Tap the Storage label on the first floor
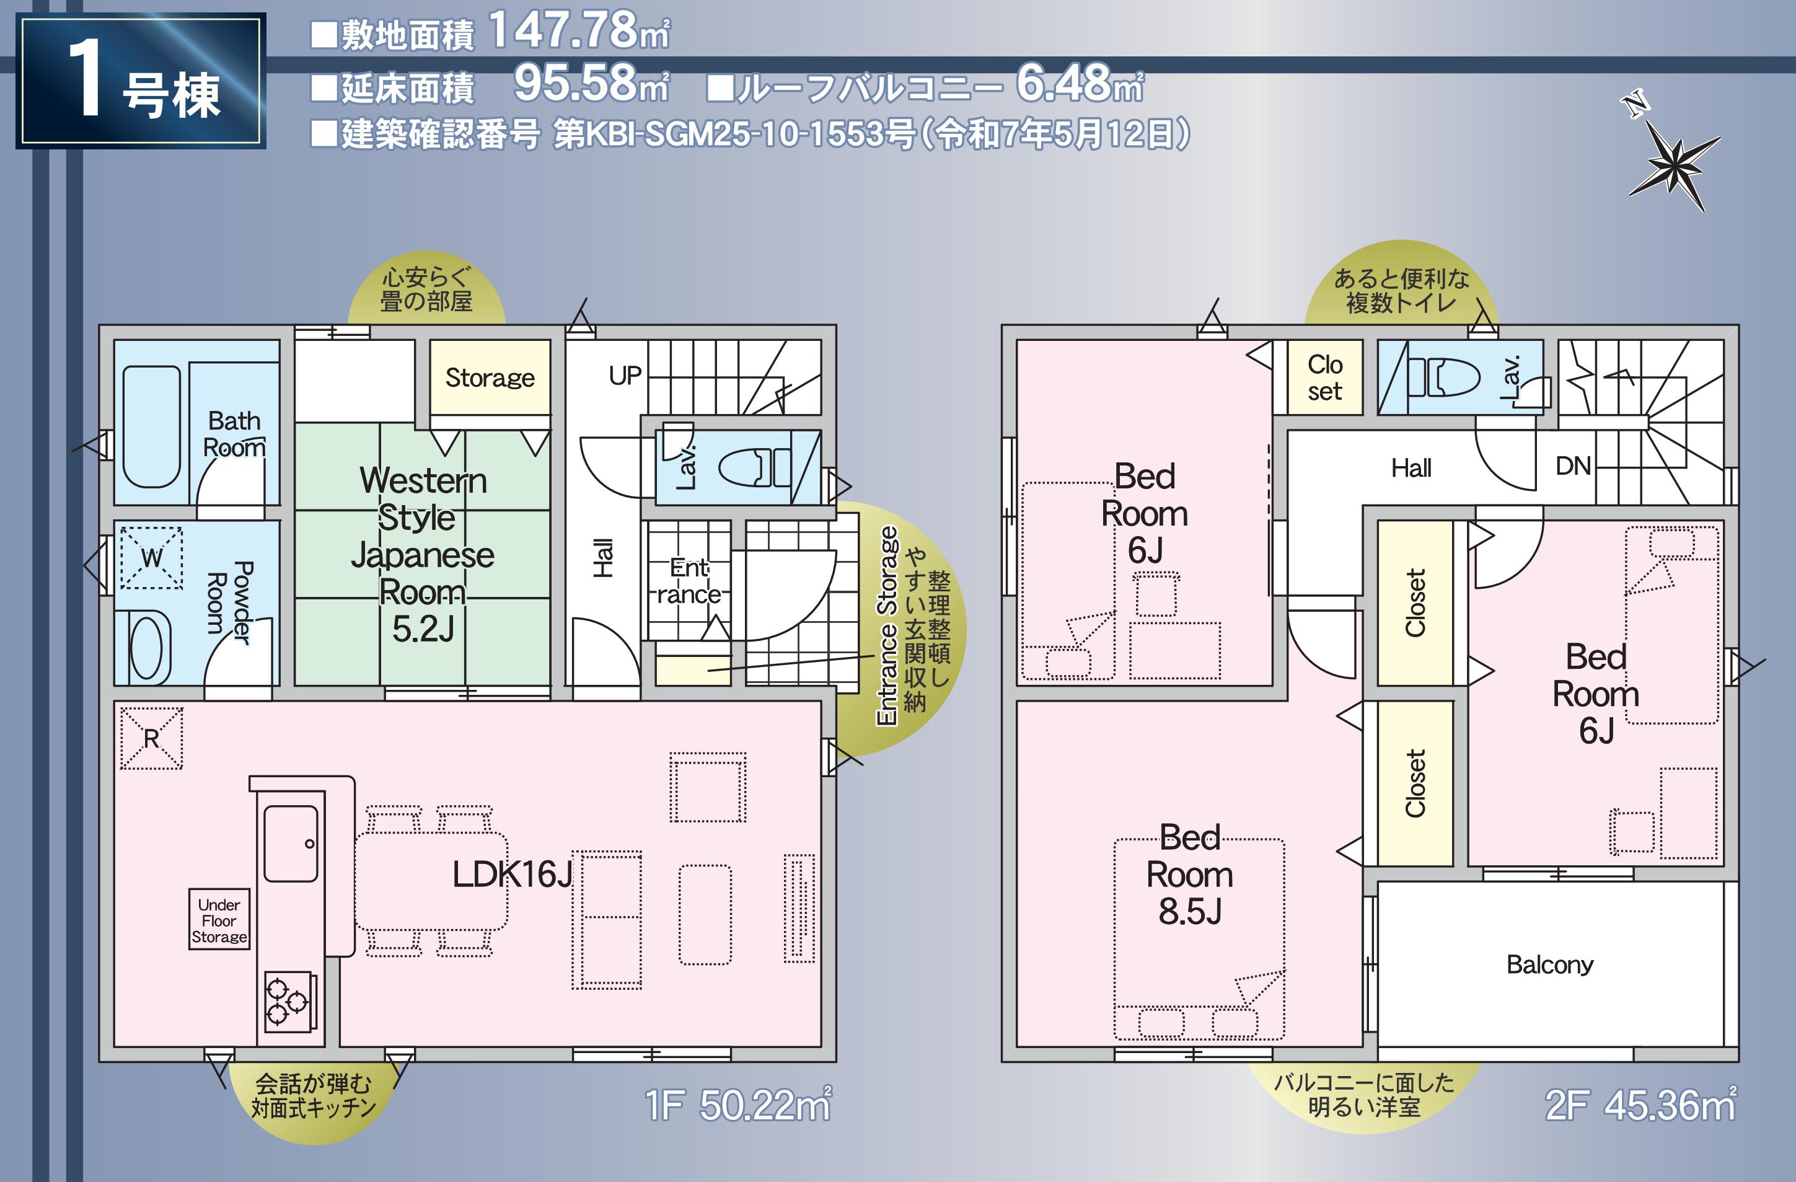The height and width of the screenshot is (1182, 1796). tap(490, 377)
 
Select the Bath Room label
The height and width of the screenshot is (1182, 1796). tap(234, 434)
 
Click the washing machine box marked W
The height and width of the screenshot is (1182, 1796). tap(151, 558)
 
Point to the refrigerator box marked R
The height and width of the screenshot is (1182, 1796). tap(151, 738)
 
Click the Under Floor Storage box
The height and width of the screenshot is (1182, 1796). tap(219, 919)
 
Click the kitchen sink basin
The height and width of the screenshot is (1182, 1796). tap(291, 843)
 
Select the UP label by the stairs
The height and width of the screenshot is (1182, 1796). tap(625, 376)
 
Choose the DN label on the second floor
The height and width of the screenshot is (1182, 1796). tap(1574, 465)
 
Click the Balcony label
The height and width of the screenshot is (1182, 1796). tap(1550, 964)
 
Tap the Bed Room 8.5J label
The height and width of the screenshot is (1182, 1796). tap(1190, 875)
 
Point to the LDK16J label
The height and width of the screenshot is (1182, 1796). tap(513, 875)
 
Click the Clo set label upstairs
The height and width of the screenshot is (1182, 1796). tap(1325, 377)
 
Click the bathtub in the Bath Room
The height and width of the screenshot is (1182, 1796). tap(151, 426)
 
